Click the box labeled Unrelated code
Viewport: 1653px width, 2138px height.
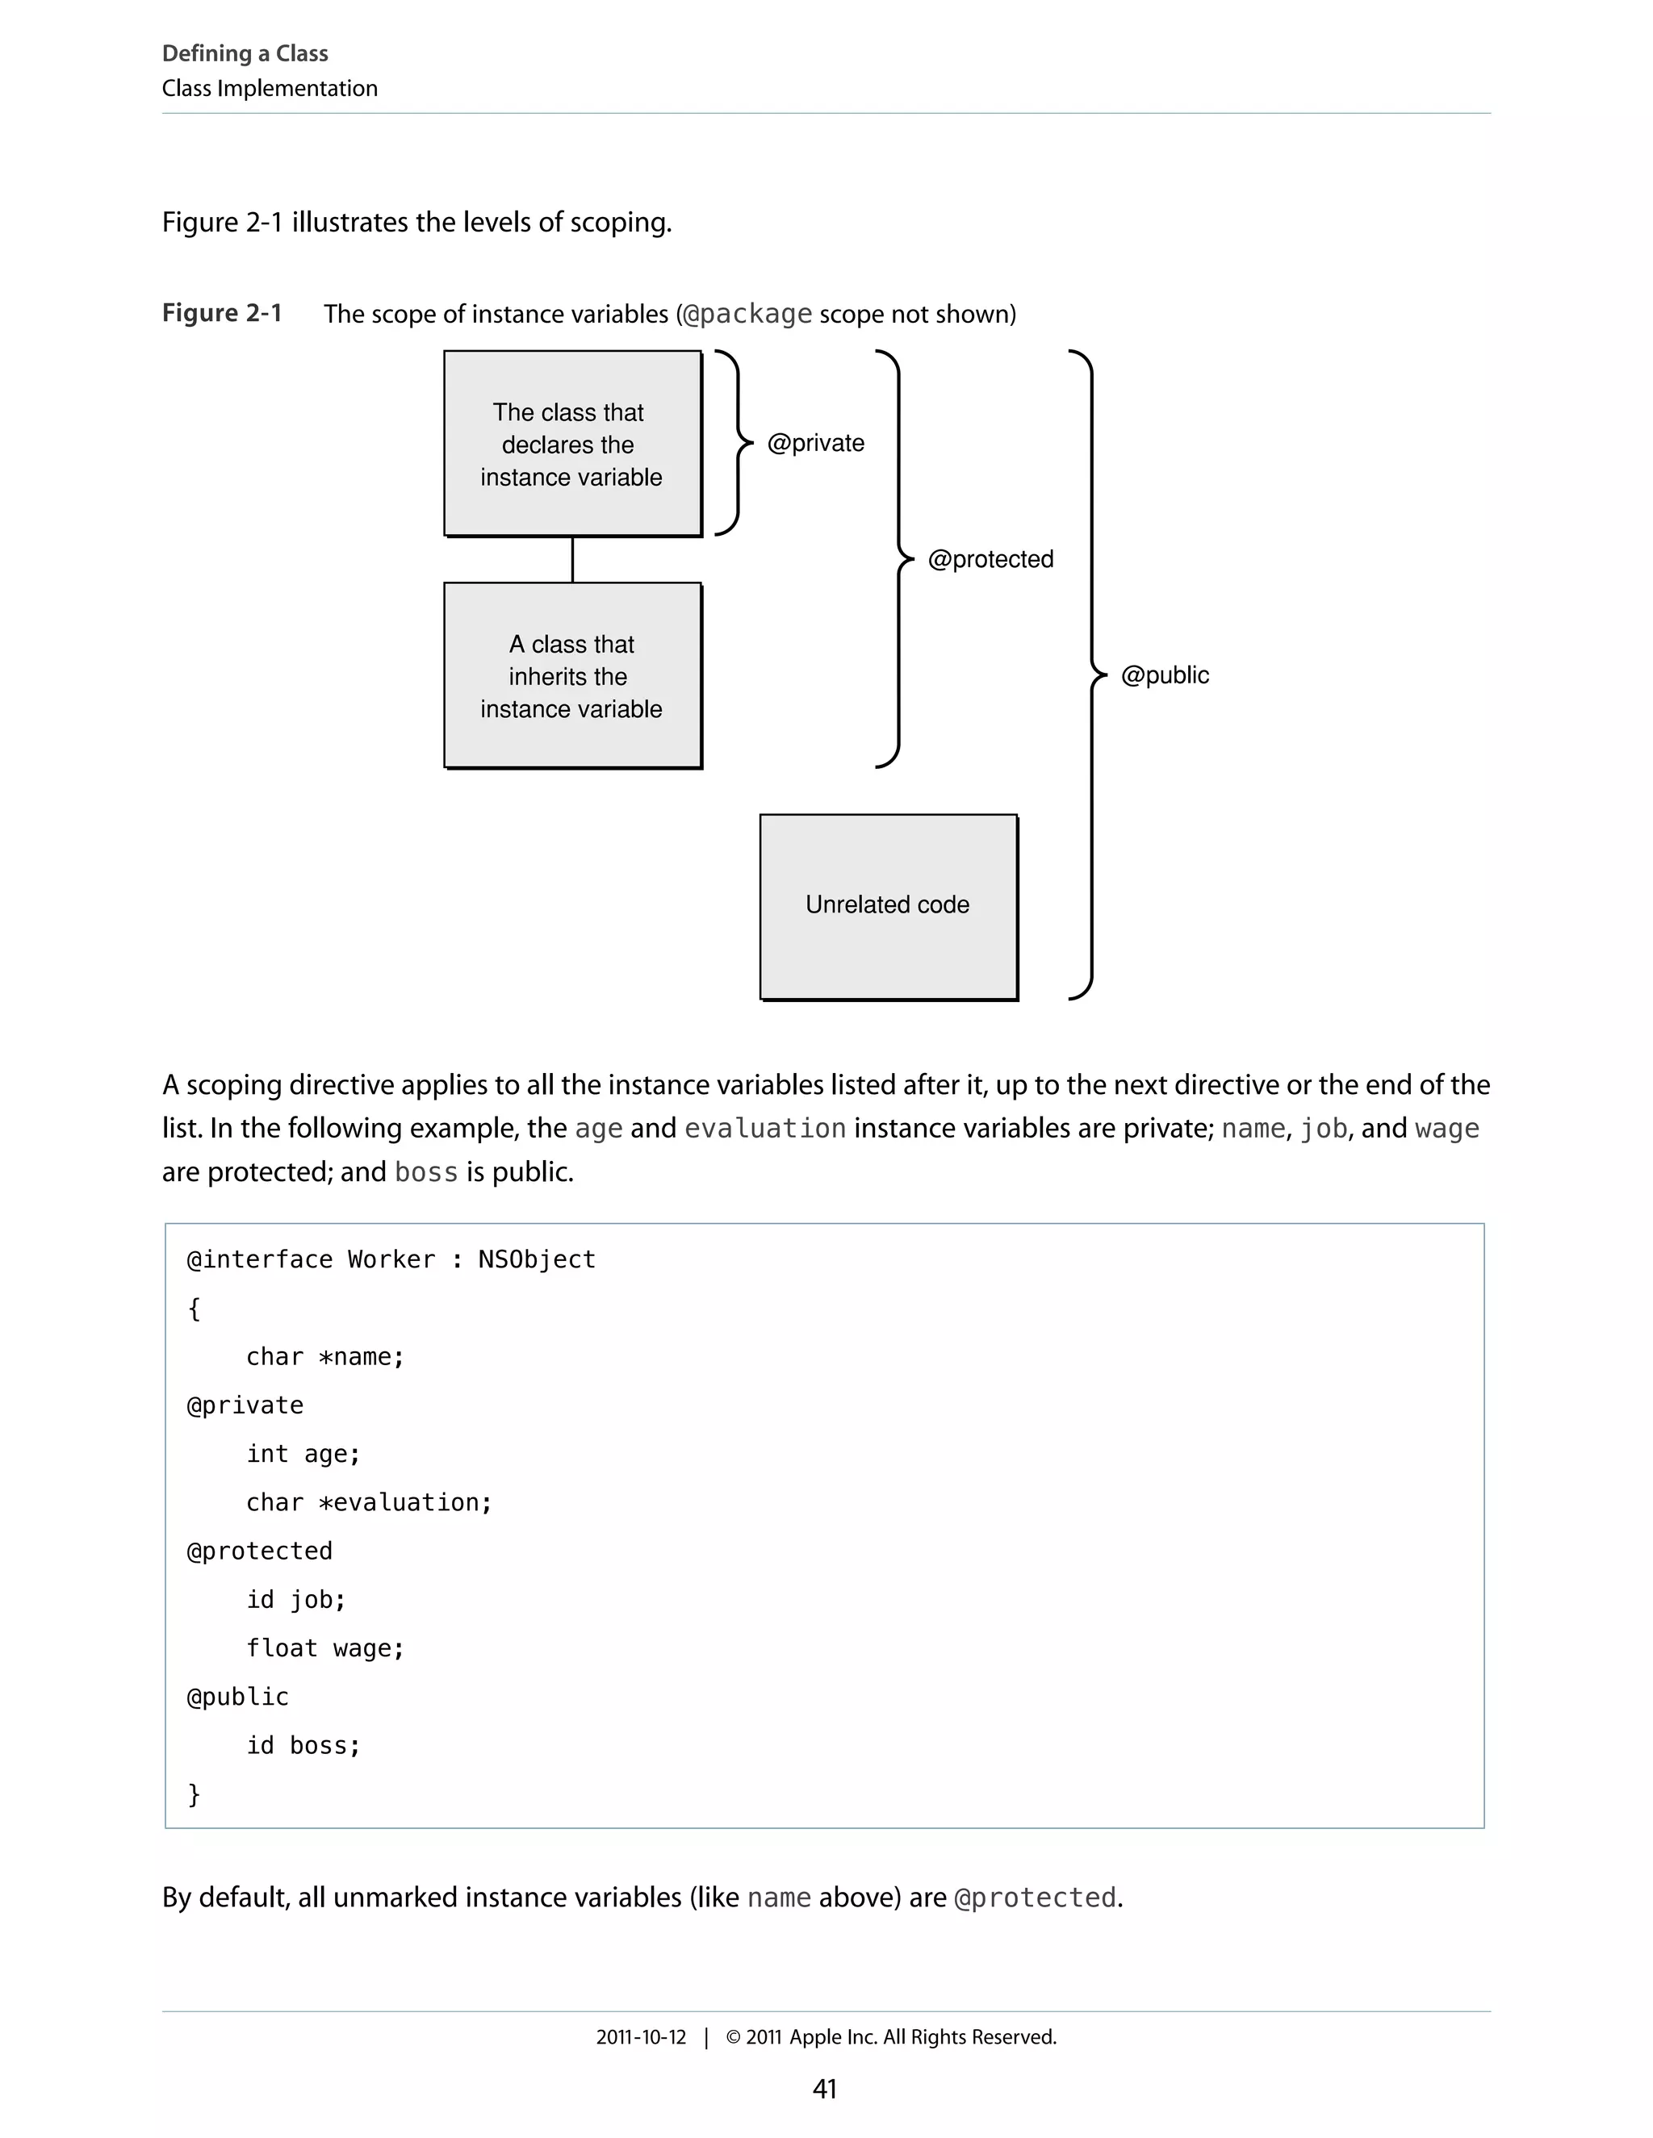(x=887, y=905)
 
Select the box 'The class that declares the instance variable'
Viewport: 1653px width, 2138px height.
(x=572, y=444)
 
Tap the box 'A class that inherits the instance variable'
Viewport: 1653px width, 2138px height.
(x=572, y=675)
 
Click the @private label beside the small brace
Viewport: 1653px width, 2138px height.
(x=816, y=444)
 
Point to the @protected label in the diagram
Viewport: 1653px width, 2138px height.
(x=990, y=559)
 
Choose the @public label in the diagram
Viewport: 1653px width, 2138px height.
(x=1165, y=675)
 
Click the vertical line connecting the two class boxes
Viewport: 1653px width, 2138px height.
(x=573, y=560)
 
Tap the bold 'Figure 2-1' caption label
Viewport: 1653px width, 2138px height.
(x=222, y=313)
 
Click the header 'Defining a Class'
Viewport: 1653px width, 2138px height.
(x=245, y=54)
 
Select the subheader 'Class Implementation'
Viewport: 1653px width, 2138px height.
(x=270, y=88)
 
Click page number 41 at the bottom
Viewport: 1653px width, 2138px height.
(x=825, y=2089)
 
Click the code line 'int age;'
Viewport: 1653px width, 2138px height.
(x=303, y=1454)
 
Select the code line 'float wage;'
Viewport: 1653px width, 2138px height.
(x=325, y=1648)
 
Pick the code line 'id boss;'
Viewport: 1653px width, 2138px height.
(x=303, y=1745)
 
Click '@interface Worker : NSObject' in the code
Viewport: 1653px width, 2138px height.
(x=391, y=1260)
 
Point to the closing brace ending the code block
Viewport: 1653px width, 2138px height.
(x=194, y=1793)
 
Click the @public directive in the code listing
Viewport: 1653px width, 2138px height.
(x=238, y=1697)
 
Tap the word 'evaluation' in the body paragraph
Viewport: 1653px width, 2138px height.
(x=765, y=1129)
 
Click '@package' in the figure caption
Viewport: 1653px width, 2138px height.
(x=747, y=314)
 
